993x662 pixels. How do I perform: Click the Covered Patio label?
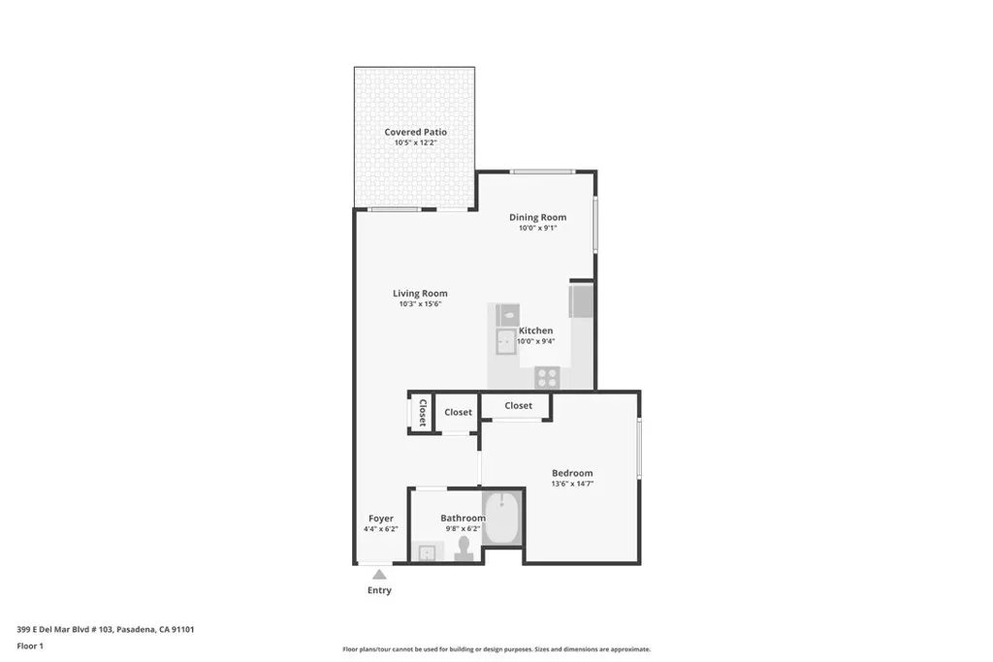[415, 132]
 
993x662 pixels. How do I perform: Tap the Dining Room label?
[537, 217]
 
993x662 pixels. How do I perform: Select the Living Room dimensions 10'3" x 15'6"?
[420, 303]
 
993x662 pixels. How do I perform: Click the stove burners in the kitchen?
[547, 378]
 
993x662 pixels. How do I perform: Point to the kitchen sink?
[505, 342]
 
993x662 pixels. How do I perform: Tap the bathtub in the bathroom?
[502, 518]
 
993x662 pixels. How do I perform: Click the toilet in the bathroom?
[464, 550]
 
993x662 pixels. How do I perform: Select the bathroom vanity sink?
[428, 552]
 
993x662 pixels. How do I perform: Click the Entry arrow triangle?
[379, 575]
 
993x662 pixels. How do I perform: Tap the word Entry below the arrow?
[379, 590]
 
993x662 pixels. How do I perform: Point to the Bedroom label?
[572, 473]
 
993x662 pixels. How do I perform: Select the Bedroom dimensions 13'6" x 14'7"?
[572, 484]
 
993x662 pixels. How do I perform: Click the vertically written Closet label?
[423, 413]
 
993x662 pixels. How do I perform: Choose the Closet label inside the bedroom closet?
[518, 406]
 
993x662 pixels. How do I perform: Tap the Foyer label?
[380, 519]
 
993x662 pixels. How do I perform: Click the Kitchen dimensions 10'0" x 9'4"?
[535, 341]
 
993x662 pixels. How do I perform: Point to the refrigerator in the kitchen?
[582, 301]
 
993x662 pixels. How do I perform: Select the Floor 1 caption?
[30, 646]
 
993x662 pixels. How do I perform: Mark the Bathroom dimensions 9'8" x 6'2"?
[463, 528]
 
